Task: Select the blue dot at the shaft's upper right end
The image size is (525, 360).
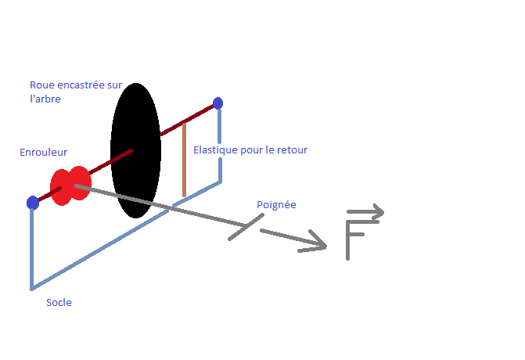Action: tap(218, 103)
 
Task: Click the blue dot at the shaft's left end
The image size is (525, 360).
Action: tap(32, 203)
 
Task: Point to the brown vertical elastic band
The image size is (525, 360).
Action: tap(184, 160)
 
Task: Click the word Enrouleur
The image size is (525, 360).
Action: tap(44, 153)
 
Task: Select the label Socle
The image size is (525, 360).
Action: tap(59, 302)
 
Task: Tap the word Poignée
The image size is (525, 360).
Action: tap(276, 205)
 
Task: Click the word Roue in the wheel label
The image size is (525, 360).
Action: tap(42, 85)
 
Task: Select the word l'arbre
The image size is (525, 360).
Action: tap(45, 99)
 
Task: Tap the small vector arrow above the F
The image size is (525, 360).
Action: tap(365, 211)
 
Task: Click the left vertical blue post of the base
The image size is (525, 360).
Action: tap(32, 247)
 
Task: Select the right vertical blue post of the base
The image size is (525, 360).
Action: tap(220, 145)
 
